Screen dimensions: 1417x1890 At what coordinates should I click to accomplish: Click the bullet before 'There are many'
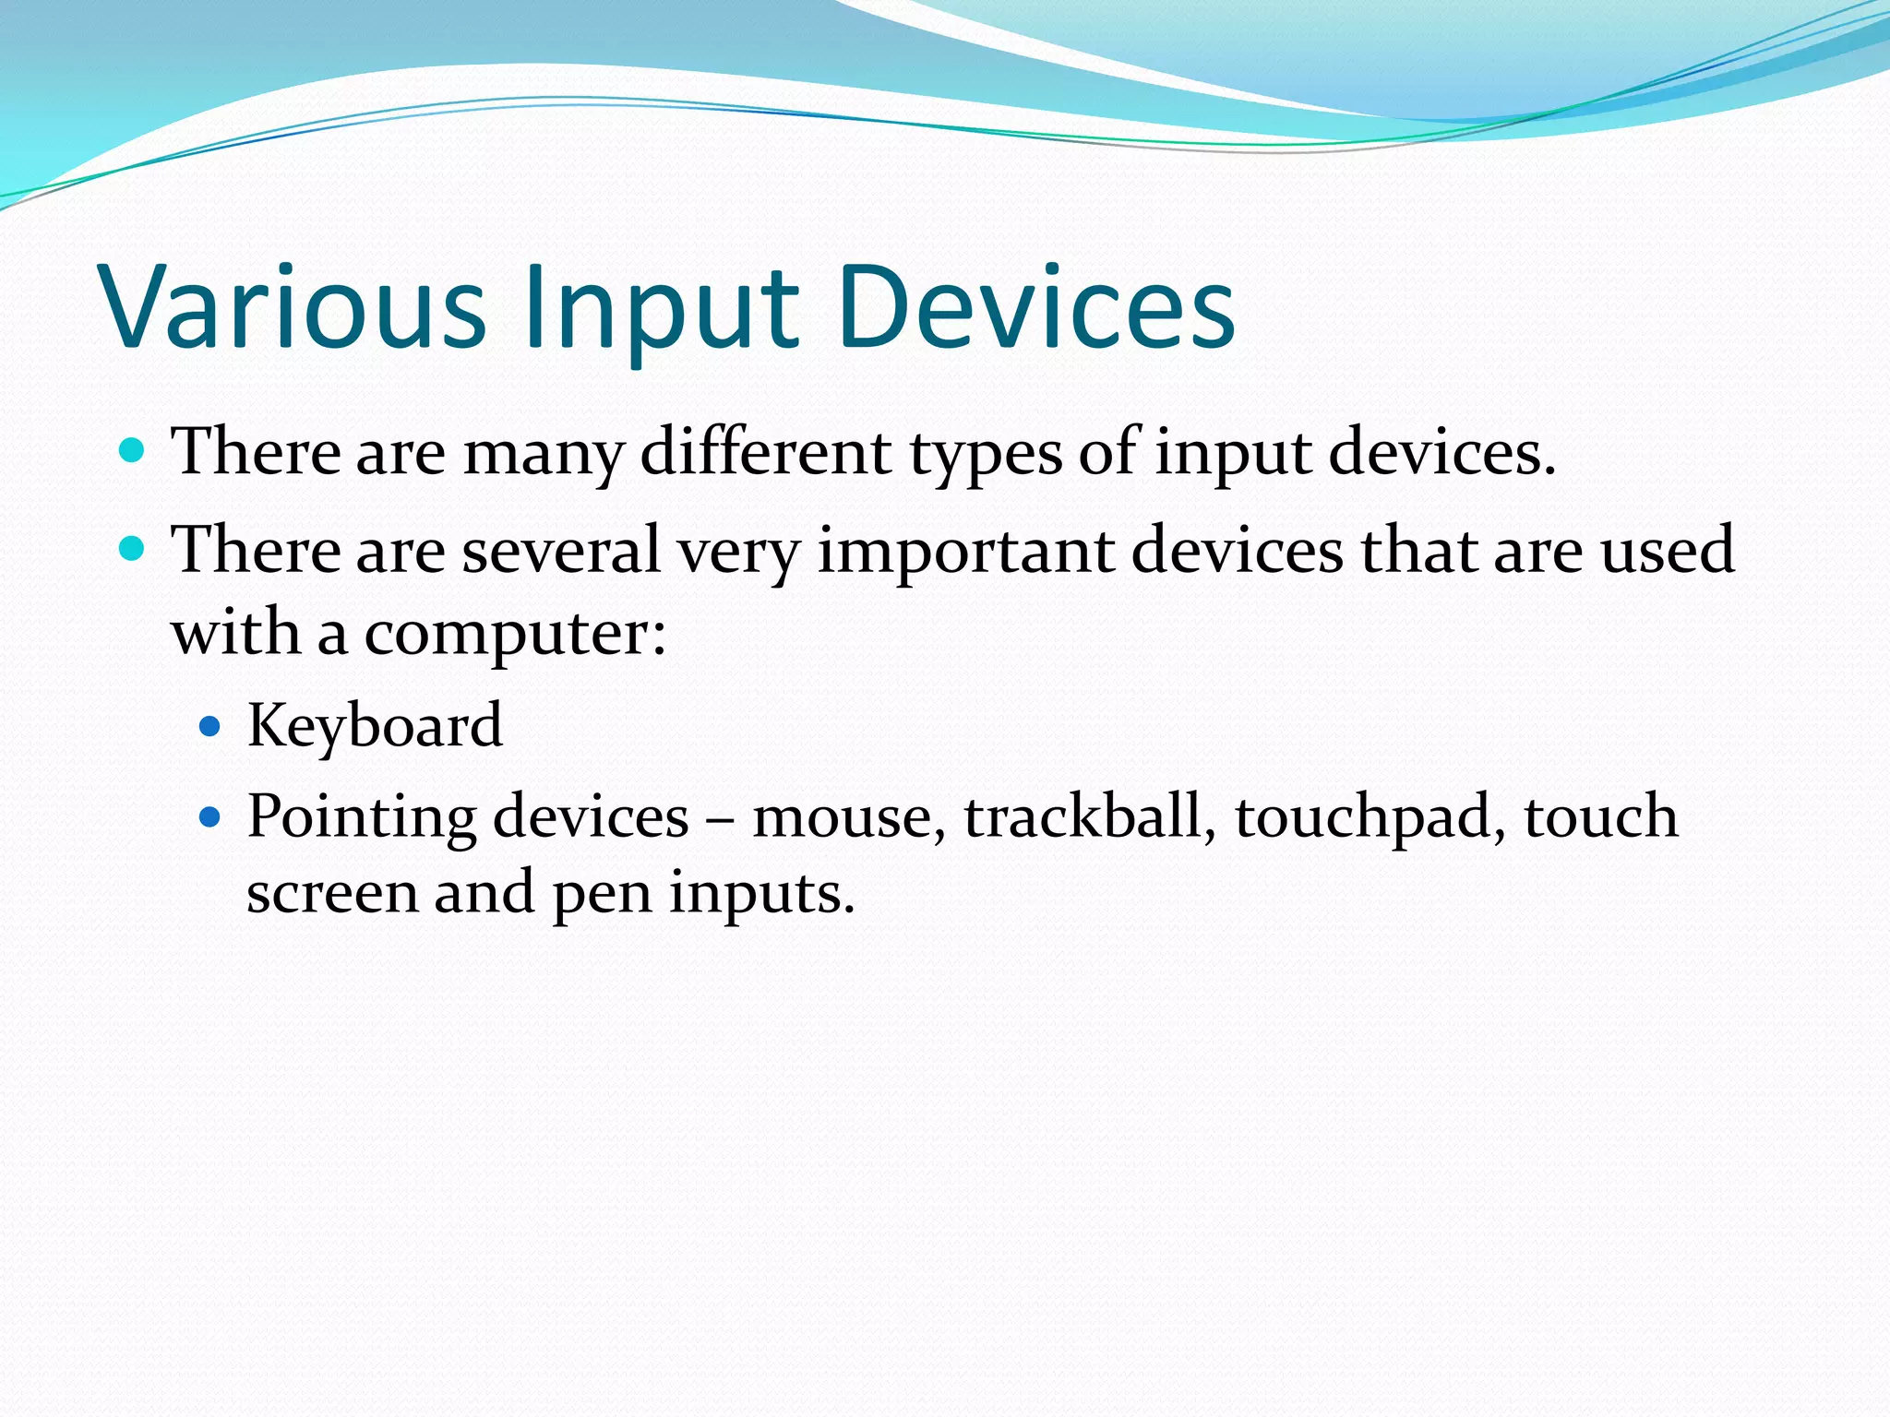133,451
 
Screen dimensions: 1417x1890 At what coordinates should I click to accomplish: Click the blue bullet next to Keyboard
210,726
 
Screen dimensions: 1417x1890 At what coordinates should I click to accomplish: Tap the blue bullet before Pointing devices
210,817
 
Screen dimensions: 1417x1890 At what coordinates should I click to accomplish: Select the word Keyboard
375,725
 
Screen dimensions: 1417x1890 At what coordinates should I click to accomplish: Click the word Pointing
362,818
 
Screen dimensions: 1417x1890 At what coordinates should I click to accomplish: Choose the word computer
514,635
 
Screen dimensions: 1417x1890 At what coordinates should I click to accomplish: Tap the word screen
331,894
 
